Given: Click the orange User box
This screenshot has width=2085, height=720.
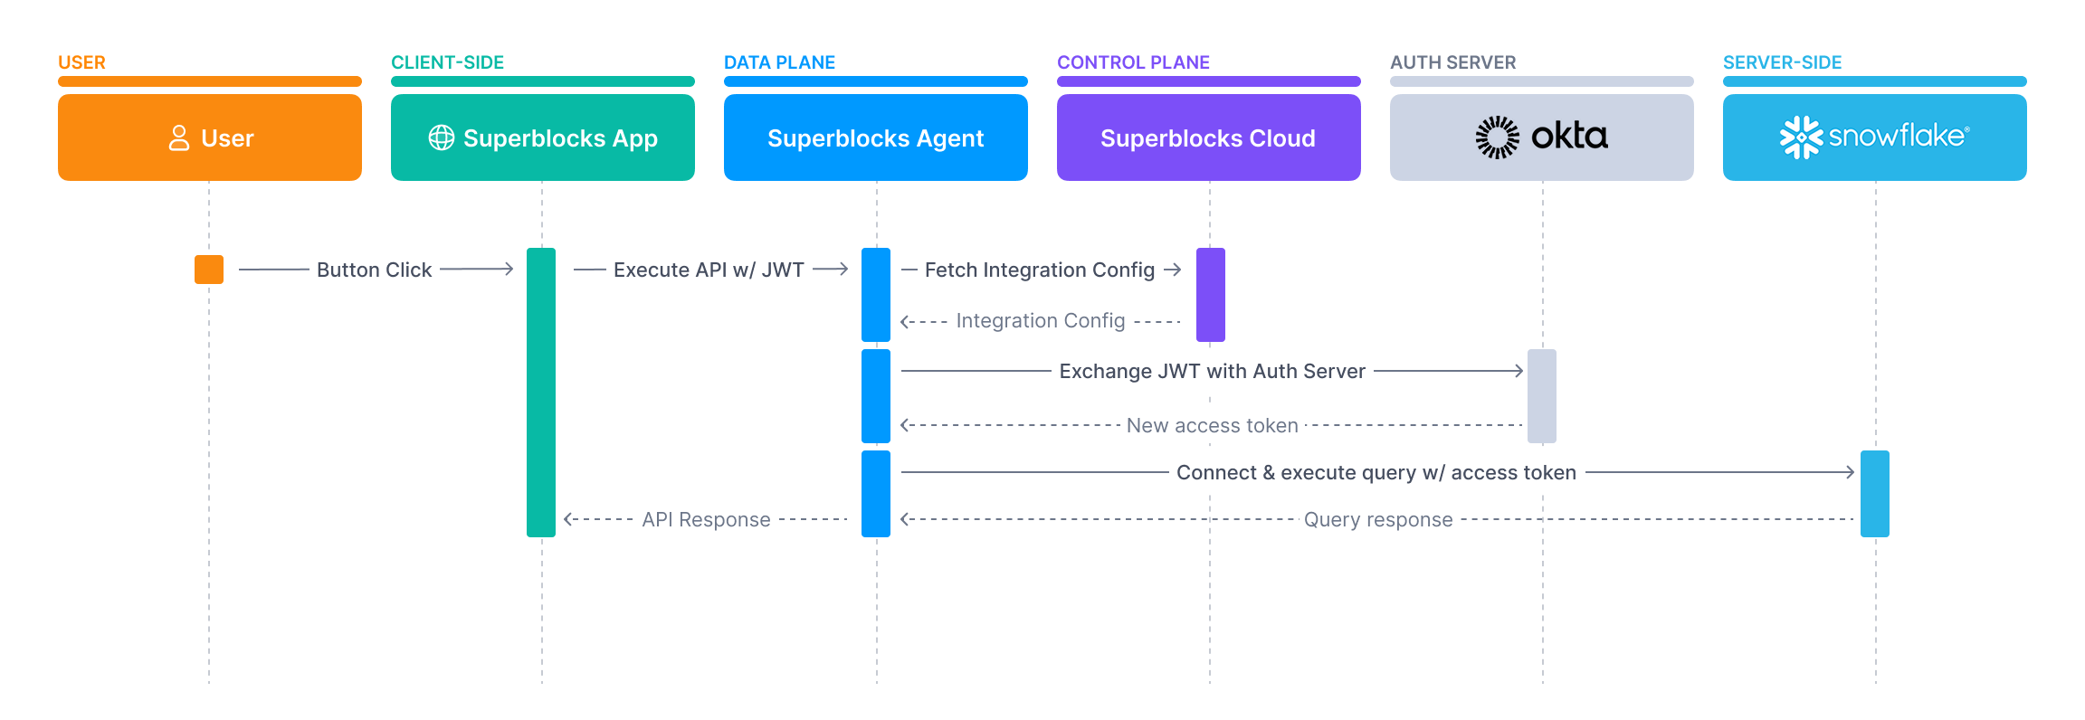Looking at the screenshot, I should point(210,137).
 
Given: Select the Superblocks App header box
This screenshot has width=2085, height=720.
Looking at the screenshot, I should point(543,137).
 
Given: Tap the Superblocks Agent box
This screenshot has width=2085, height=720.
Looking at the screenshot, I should point(876,137).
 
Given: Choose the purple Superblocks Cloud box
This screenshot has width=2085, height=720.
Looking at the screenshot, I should point(1209,137).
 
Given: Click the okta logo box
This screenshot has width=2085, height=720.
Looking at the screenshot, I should point(1542,137).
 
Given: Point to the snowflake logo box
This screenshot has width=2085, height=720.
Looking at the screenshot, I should point(1875,137).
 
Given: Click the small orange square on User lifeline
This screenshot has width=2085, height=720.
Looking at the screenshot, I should point(209,270).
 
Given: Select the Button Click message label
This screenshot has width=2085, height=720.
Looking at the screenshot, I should point(374,270).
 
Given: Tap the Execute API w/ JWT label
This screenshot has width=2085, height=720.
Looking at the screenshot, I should point(709,270).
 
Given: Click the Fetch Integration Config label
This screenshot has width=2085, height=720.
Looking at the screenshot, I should point(1040,270).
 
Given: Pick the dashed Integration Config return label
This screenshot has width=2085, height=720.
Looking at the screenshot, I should point(1041,320).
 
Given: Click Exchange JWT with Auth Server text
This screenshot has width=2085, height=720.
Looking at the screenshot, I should point(1212,371).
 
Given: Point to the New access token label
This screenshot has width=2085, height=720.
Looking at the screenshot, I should point(1212,425).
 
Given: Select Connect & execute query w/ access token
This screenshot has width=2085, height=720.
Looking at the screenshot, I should point(1376,472).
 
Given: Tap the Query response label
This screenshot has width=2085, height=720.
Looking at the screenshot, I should point(1377,519).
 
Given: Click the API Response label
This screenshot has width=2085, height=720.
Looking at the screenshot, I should point(706,519).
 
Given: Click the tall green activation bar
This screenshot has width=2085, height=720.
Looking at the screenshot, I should point(541,393).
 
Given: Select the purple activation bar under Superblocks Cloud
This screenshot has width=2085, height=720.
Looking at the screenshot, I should point(1211,295).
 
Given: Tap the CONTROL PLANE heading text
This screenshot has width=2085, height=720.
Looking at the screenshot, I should point(1133,62).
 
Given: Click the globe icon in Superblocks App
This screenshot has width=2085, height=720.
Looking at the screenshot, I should point(442,137).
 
